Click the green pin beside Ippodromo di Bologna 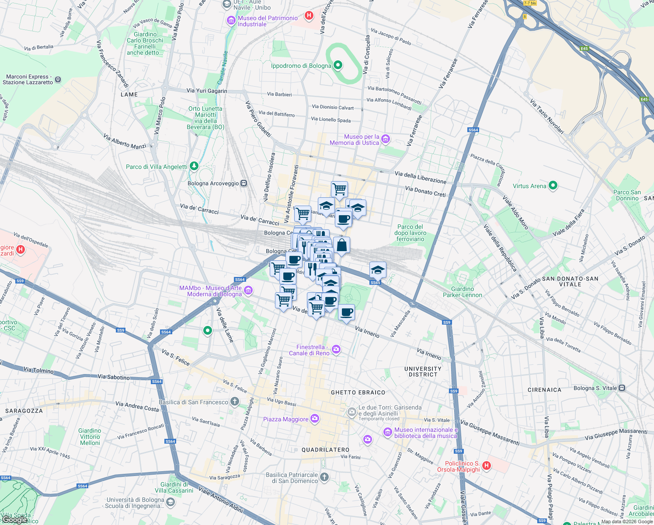pos(337,66)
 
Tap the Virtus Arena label pos(529,186)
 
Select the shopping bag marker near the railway pos(341,245)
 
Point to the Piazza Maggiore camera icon pos(314,419)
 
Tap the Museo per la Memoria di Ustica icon pos(385,140)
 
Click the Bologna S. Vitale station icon pos(622,388)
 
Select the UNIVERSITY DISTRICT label pos(423,371)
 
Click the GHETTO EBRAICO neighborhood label pos(358,392)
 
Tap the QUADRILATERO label pos(325,450)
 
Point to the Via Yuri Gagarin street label pos(207,91)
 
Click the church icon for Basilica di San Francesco pos(235,402)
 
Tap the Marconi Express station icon pos(58,80)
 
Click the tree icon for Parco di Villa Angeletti pos(194,166)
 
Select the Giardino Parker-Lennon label pos(463,292)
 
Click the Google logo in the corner pos(15,519)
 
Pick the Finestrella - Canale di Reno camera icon pos(336,349)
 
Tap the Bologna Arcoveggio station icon pos(244,183)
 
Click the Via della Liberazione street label pos(420,177)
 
